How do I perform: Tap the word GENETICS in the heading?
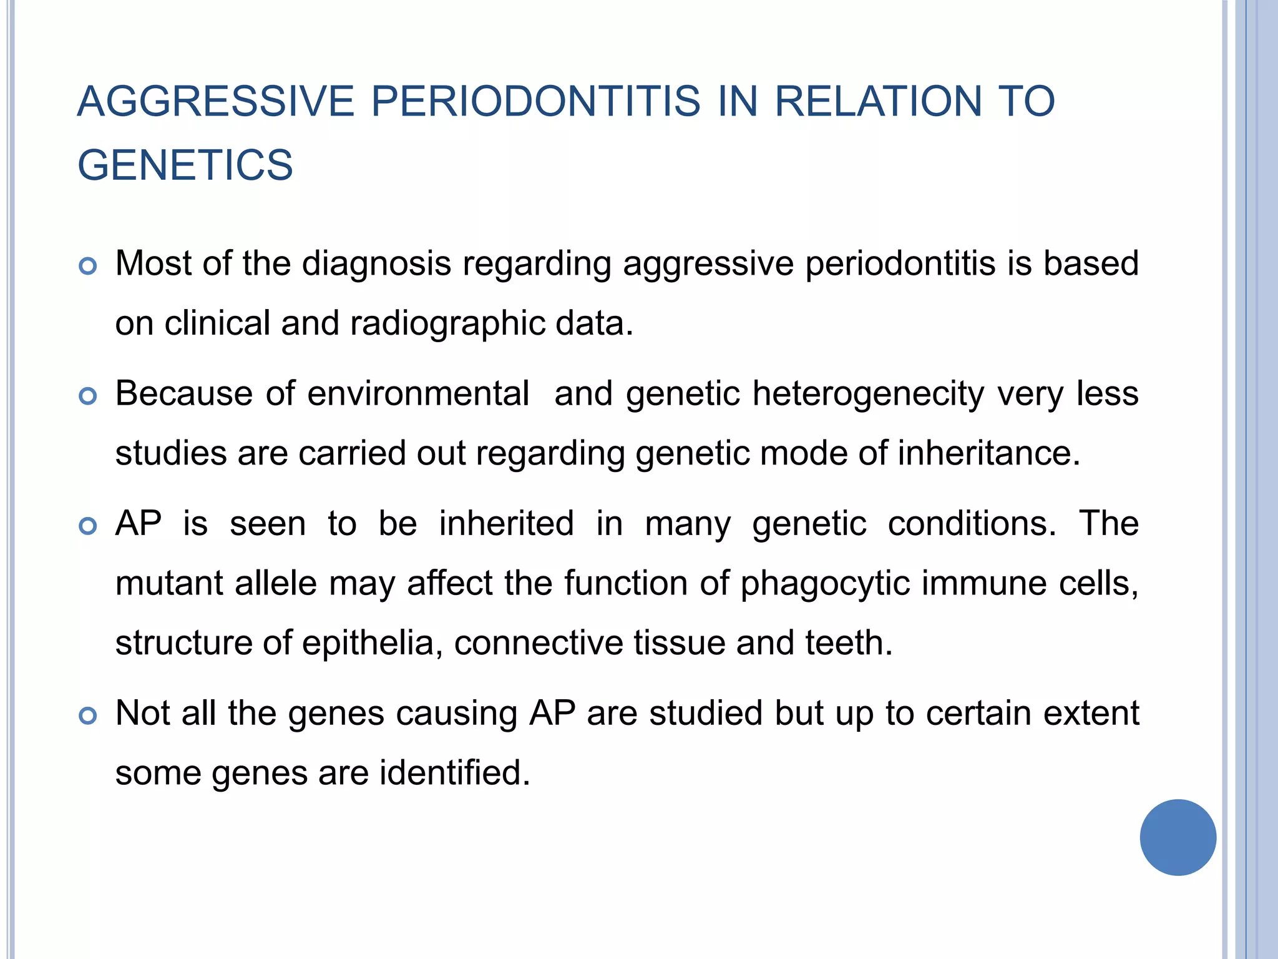(x=185, y=165)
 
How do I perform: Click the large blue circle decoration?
(x=1178, y=837)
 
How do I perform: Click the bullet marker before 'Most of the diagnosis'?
(x=88, y=267)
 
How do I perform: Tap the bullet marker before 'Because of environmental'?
(x=88, y=396)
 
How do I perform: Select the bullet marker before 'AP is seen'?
(x=88, y=526)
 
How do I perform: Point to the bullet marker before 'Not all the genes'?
(x=88, y=716)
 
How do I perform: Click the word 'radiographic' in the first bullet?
(x=447, y=324)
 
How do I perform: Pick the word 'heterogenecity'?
(x=869, y=395)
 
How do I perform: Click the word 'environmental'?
(x=418, y=393)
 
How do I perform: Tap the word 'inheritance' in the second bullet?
(x=988, y=453)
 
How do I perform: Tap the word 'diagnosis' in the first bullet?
(x=376, y=264)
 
